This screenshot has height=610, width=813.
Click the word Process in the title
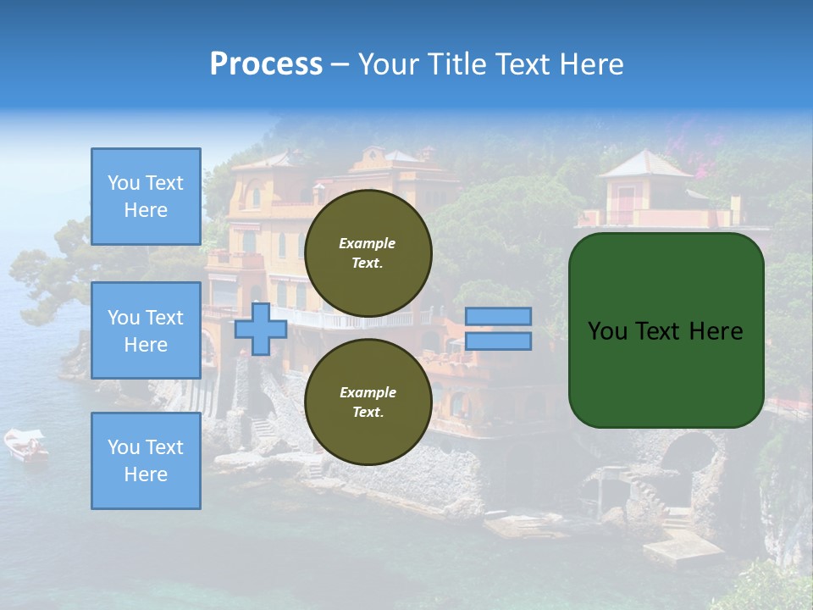266,64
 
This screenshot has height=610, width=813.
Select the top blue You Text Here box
146,197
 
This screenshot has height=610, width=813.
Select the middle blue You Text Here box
146,330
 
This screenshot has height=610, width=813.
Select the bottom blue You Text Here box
146,461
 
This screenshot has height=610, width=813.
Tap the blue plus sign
261,329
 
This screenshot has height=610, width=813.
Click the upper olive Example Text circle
368,253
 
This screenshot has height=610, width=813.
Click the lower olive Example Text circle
368,402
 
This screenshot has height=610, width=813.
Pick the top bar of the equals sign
498,316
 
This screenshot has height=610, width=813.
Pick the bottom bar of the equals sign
498,341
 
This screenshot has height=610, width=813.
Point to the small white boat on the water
25,444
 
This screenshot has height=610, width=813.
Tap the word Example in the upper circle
368,243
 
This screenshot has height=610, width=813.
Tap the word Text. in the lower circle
368,413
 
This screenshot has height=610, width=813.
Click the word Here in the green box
716,331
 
